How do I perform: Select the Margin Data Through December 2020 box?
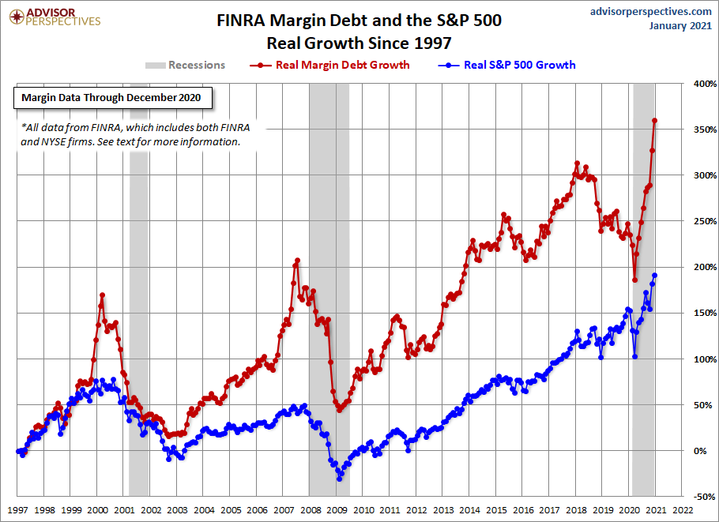[111, 98]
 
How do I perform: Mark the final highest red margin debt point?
[655, 121]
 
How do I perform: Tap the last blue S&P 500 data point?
[655, 276]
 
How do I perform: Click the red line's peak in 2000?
[103, 295]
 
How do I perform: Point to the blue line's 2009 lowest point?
[339, 479]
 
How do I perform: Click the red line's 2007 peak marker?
[298, 260]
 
